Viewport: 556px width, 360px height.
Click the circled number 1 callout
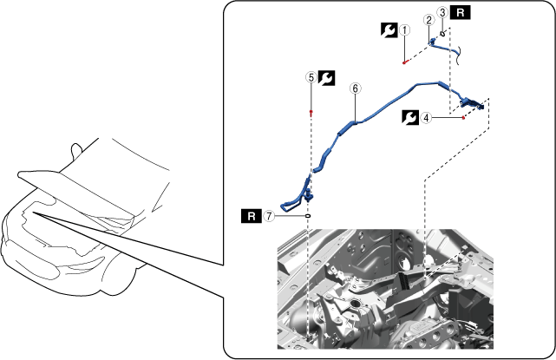(x=404, y=30)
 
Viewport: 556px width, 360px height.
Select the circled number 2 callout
(x=429, y=20)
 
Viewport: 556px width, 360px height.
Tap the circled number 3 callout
(x=442, y=12)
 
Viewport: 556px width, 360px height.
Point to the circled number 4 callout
(x=426, y=117)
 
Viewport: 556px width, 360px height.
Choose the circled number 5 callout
(x=311, y=78)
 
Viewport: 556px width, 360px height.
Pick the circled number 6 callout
(x=356, y=88)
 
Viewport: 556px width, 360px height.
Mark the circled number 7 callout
(x=269, y=216)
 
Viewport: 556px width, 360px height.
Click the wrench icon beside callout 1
(x=389, y=30)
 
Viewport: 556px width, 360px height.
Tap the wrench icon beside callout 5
(x=326, y=78)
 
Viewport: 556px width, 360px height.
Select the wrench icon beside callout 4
(x=410, y=117)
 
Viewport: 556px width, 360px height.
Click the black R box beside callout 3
(x=461, y=12)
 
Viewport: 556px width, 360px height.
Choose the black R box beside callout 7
(x=252, y=216)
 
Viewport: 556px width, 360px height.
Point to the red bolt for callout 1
(x=404, y=62)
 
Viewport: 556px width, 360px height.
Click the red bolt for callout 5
(x=311, y=113)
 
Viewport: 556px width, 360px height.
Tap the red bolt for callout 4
(x=463, y=118)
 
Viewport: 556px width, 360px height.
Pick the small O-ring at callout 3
(x=442, y=34)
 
